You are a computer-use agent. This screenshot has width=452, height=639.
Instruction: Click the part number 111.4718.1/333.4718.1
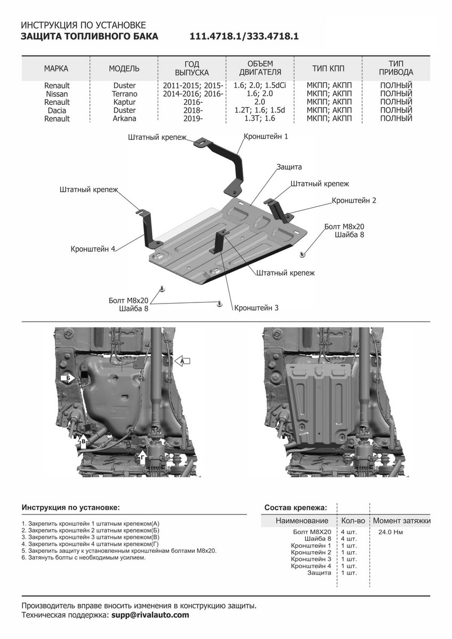click(244, 37)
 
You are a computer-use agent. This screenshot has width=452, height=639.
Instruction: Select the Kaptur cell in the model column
click(124, 102)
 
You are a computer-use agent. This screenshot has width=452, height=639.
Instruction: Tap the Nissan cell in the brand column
click(57, 94)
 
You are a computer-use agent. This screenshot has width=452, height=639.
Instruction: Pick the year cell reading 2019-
click(192, 119)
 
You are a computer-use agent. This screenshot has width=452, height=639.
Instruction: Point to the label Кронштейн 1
click(266, 136)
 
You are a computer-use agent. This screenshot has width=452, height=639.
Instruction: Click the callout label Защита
click(289, 167)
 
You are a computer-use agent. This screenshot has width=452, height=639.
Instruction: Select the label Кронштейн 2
click(354, 200)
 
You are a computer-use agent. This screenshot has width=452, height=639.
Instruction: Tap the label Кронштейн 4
click(93, 249)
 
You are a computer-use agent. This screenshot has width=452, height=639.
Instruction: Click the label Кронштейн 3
click(256, 308)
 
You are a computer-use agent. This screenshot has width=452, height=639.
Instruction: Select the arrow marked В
click(84, 439)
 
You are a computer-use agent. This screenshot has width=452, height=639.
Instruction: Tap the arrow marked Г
click(142, 455)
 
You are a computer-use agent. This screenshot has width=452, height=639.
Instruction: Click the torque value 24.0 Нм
click(390, 531)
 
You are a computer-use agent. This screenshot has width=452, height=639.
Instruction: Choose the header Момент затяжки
click(401, 520)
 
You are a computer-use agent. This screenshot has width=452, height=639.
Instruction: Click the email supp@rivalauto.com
click(150, 615)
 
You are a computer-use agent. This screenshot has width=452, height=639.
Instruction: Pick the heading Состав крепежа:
click(295, 507)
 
